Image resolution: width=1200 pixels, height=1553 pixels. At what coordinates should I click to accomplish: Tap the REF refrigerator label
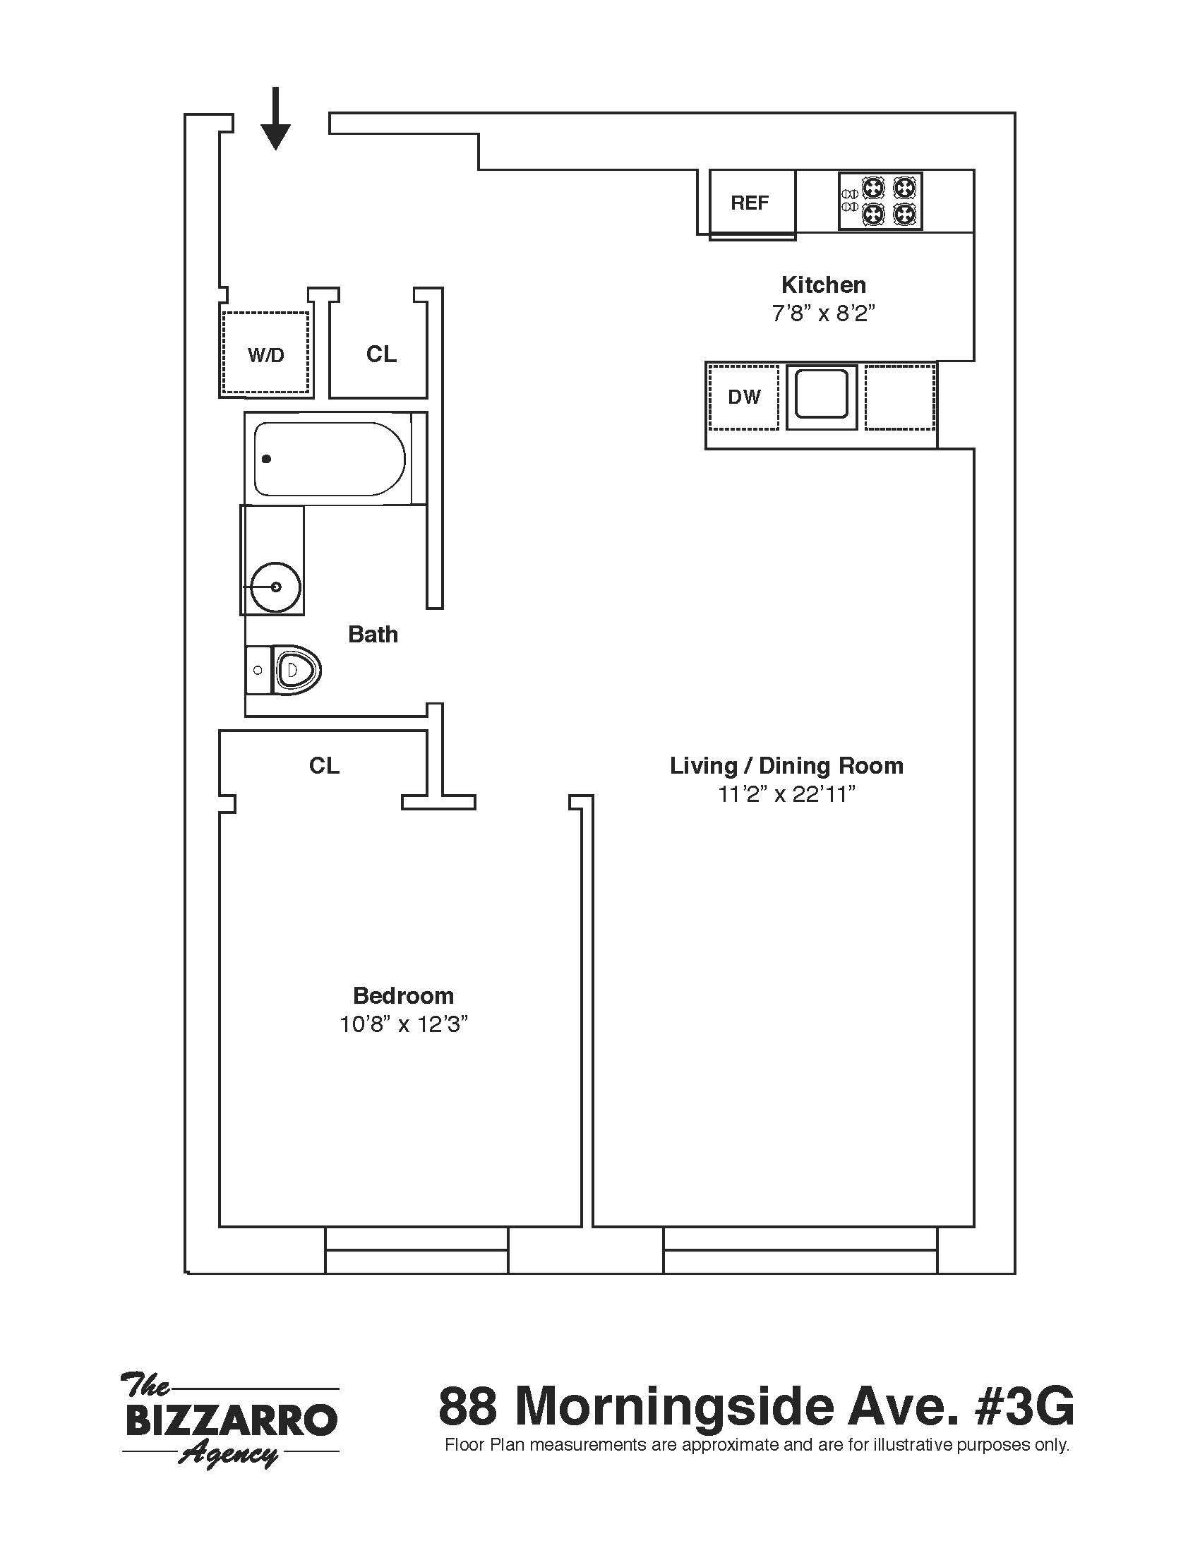click(x=749, y=203)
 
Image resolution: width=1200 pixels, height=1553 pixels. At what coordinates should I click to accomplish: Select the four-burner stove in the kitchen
click(x=881, y=201)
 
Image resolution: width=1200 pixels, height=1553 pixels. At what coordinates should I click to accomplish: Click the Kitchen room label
click(x=823, y=285)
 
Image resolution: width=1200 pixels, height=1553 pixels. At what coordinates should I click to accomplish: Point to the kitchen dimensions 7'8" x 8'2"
click(x=823, y=313)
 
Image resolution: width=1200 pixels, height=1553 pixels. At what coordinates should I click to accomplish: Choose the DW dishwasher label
click(x=743, y=397)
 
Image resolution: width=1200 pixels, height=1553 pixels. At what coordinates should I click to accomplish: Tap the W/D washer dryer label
click(x=265, y=355)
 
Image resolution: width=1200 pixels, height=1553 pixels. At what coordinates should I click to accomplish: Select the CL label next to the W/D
click(x=381, y=354)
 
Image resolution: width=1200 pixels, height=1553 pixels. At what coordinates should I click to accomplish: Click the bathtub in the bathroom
click(x=329, y=459)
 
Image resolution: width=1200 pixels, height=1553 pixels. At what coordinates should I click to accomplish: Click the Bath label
click(x=373, y=635)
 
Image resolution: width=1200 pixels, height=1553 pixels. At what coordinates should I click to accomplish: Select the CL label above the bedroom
click(x=324, y=765)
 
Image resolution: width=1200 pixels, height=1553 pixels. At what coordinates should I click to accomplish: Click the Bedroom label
click(x=403, y=995)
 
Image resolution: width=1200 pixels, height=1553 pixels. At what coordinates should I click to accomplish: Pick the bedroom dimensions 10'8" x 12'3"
click(x=403, y=1025)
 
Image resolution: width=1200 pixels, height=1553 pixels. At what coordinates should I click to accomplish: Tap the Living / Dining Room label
click(x=786, y=766)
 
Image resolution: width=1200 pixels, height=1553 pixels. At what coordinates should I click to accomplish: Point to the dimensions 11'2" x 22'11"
click(x=786, y=794)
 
